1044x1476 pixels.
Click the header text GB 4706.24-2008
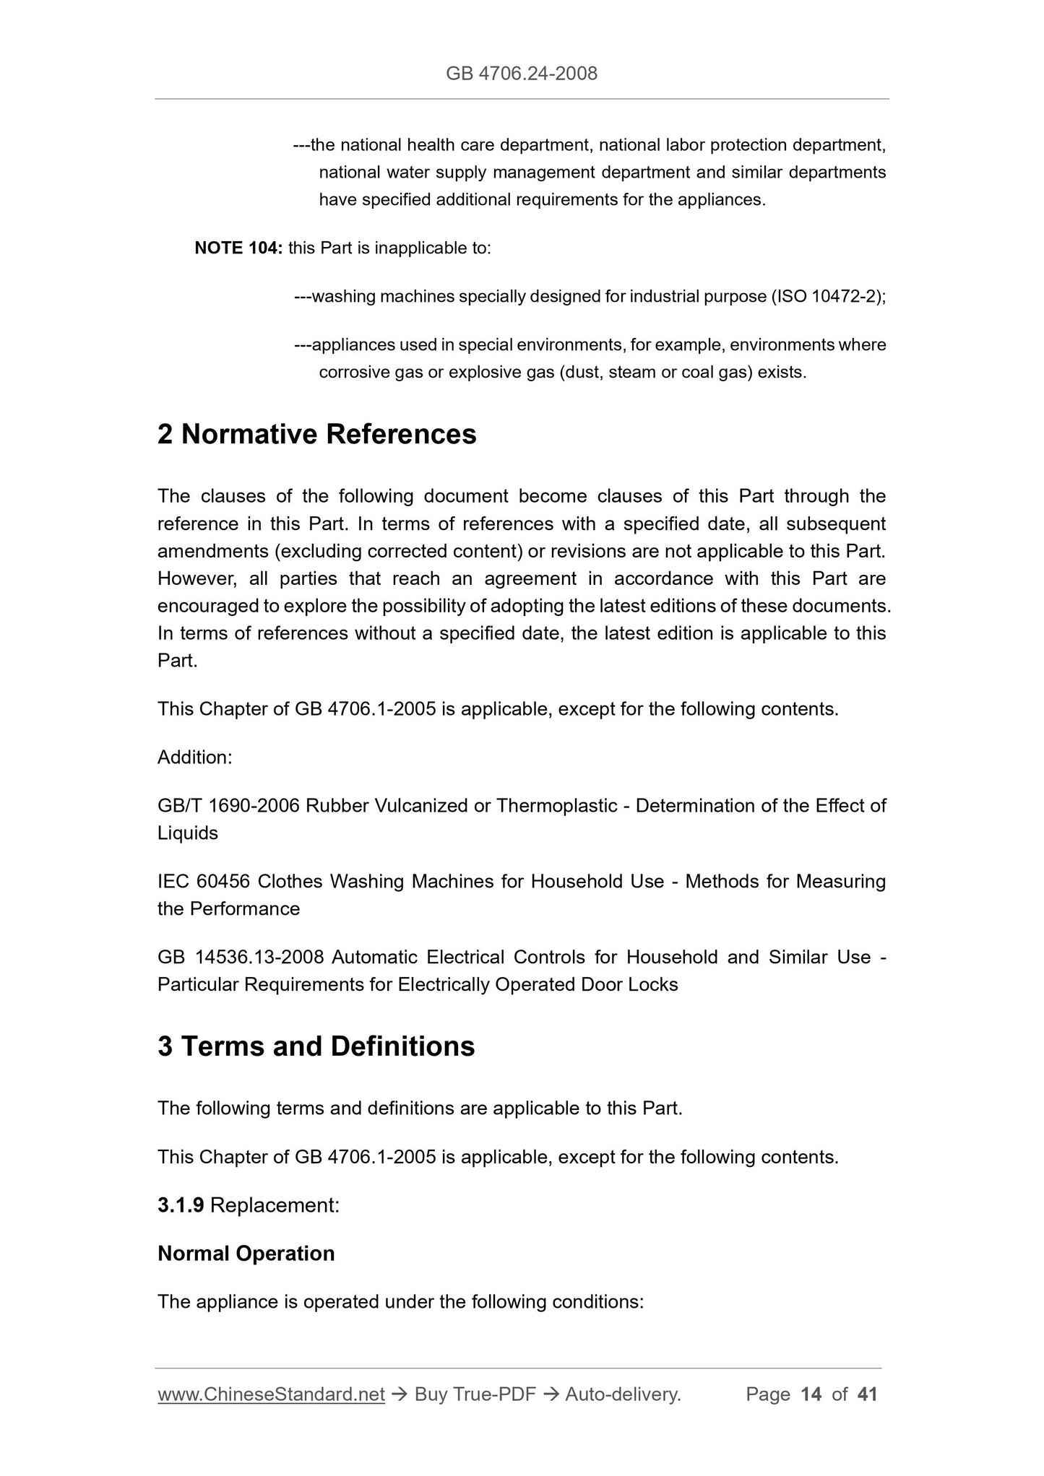pyautogui.click(x=521, y=73)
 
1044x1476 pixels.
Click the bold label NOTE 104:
pyautogui.click(x=238, y=248)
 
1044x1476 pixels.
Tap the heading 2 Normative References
pyautogui.click(x=316, y=435)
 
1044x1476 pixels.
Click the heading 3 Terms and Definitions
pyautogui.click(x=316, y=1046)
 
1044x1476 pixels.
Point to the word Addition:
pyautogui.click(x=194, y=757)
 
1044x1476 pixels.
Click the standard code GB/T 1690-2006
pyautogui.click(x=228, y=806)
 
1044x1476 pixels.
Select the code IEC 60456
pyautogui.click(x=204, y=882)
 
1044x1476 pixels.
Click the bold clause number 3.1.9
pyautogui.click(x=181, y=1205)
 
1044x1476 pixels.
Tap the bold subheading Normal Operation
pyautogui.click(x=246, y=1254)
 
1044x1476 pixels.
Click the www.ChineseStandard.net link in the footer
pyautogui.click(x=271, y=1394)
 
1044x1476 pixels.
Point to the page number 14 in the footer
pyautogui.click(x=811, y=1394)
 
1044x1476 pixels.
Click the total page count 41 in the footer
pyautogui.click(x=867, y=1394)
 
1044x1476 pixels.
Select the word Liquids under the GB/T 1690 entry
pyautogui.click(x=187, y=833)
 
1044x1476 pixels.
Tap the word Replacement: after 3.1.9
pyautogui.click(x=275, y=1205)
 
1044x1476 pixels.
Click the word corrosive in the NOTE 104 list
pyautogui.click(x=354, y=373)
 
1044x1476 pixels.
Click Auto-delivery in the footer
pyautogui.click(x=623, y=1394)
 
